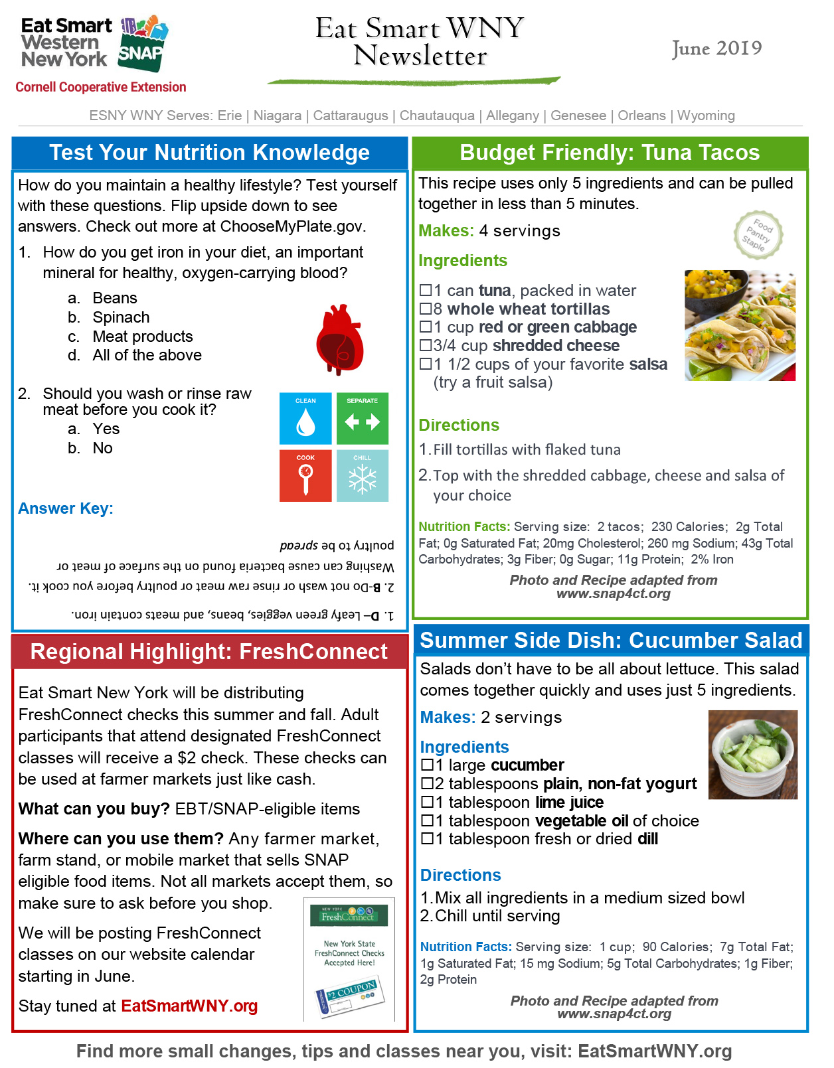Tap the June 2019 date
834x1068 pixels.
(716, 48)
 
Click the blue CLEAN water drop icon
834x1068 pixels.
(305, 419)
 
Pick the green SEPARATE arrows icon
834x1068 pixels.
(363, 419)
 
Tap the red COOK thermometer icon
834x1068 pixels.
(305, 476)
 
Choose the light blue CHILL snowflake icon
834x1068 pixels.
(363, 476)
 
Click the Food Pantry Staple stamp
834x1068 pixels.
(758, 234)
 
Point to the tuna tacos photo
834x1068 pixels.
(740, 325)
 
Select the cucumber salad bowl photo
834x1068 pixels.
(753, 754)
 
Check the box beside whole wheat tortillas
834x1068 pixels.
(426, 309)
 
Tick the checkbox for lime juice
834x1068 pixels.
(428, 802)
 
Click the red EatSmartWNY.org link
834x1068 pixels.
(189, 1006)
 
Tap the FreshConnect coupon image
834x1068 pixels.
(349, 959)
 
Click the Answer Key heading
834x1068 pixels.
(66, 508)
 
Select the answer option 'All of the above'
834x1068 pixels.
(147, 355)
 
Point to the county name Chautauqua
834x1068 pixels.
(437, 115)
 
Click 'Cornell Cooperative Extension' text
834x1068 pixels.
(101, 87)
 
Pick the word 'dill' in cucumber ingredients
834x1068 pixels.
(647, 839)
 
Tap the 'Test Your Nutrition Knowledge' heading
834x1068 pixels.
(209, 153)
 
